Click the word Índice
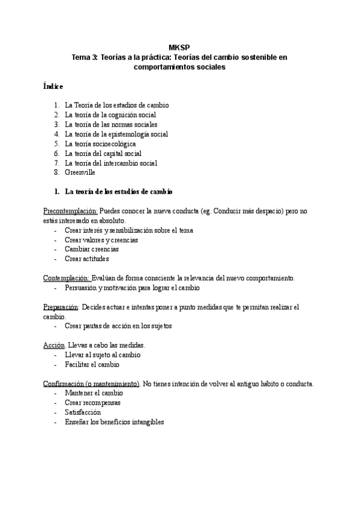pos(53,86)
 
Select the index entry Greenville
pos(80,172)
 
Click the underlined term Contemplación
pos(67,278)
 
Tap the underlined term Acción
pos(53,345)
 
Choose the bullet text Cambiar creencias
pos(92,249)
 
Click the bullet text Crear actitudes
pos(87,259)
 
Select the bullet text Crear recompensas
pos(92,403)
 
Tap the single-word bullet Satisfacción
pos(83,412)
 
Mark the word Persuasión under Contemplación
pos(82,288)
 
